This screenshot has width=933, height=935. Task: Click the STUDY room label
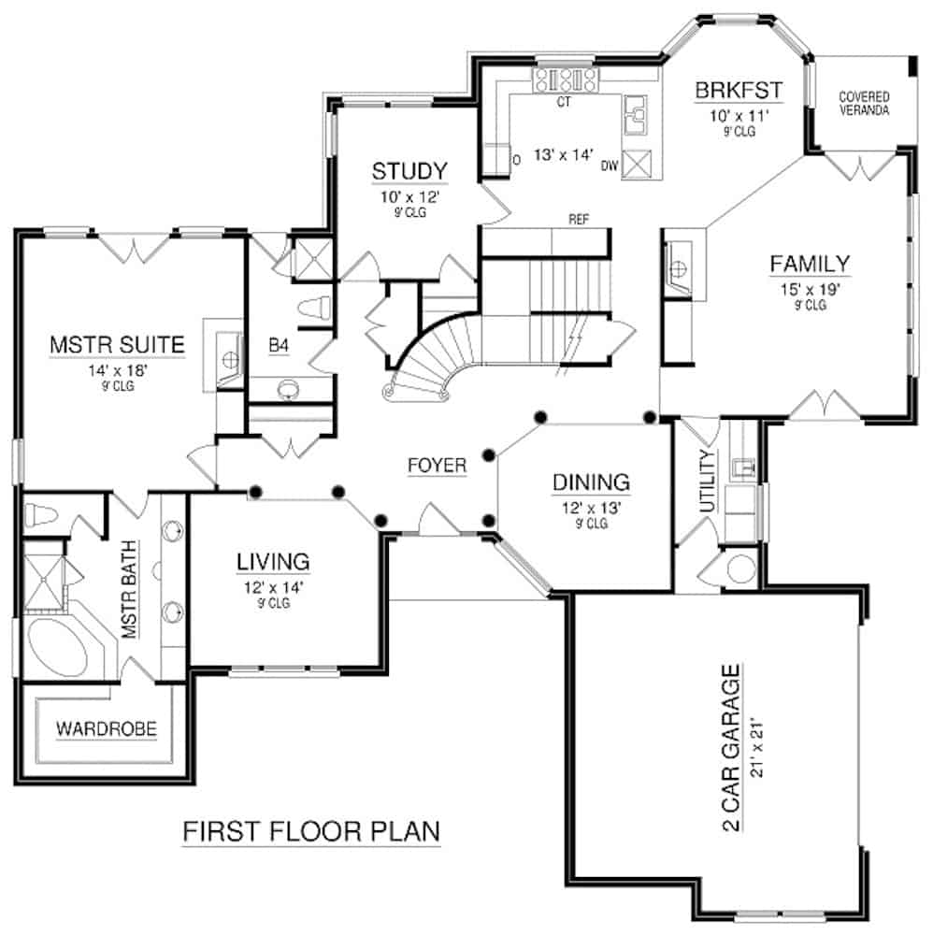(x=409, y=171)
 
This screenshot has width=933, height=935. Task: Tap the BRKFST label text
(x=738, y=91)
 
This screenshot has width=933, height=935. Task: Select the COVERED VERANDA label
(x=863, y=103)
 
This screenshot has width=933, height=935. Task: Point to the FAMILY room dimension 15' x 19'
(x=810, y=289)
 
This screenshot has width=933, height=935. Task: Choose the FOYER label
(x=436, y=465)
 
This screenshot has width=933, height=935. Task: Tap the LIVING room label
(x=272, y=562)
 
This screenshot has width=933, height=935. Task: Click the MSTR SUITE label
(x=116, y=346)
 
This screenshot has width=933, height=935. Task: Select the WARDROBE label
(x=106, y=727)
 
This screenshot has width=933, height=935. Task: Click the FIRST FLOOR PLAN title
(x=310, y=830)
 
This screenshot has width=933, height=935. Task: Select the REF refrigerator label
(x=578, y=219)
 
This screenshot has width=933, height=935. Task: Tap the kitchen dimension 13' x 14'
(x=564, y=156)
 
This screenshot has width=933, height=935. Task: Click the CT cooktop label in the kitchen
(x=563, y=101)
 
